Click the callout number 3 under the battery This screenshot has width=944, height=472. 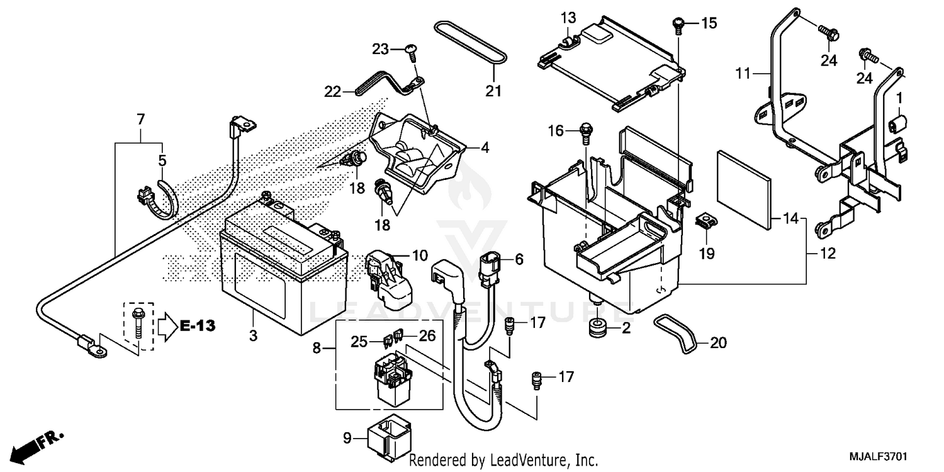click(x=253, y=336)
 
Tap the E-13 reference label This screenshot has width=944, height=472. click(x=198, y=326)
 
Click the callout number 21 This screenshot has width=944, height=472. click(x=493, y=91)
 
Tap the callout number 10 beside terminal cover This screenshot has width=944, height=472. click(x=420, y=256)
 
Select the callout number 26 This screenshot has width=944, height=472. click(x=427, y=337)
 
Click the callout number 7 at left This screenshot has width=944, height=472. click(x=140, y=119)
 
